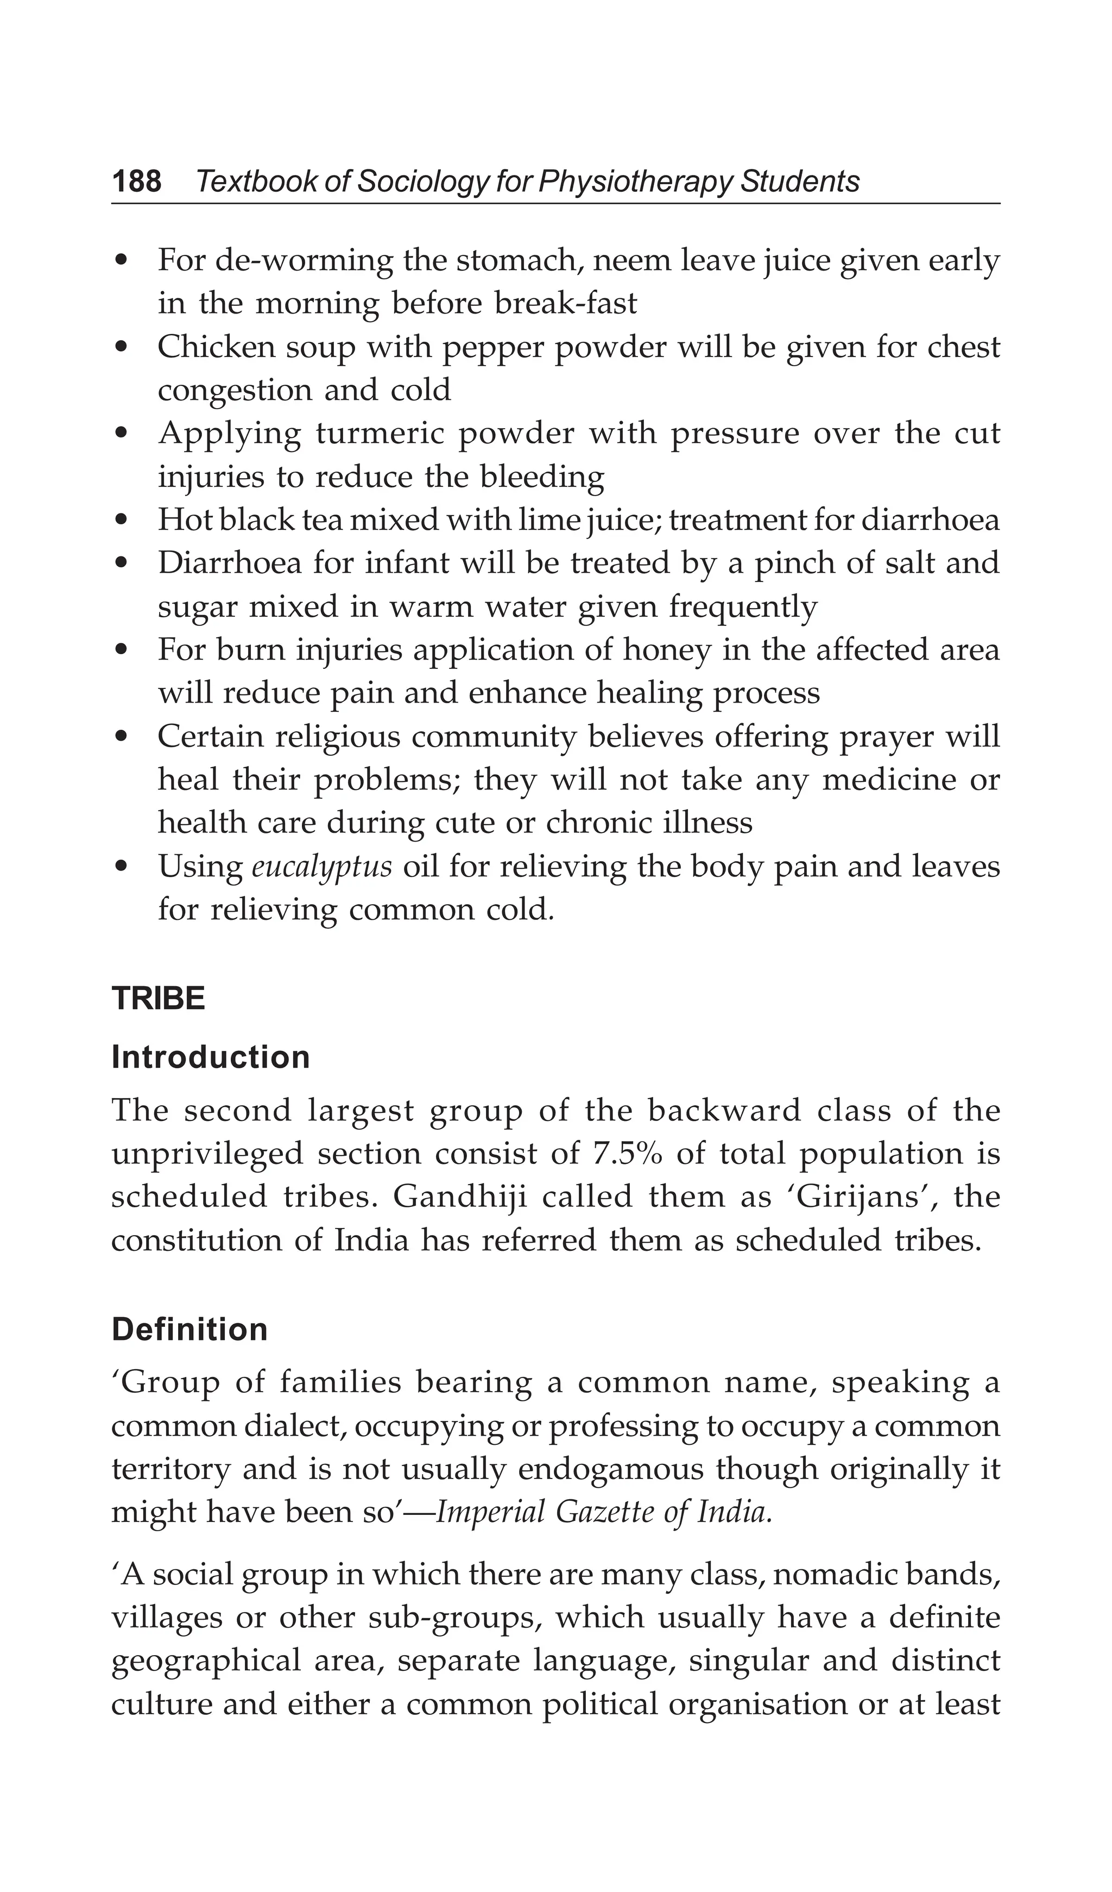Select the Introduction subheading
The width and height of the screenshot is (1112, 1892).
(210, 1057)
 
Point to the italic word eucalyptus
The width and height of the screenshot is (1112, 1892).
(321, 867)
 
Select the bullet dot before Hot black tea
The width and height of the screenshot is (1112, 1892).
(122, 521)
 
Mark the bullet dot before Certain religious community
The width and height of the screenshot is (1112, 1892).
(122, 736)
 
